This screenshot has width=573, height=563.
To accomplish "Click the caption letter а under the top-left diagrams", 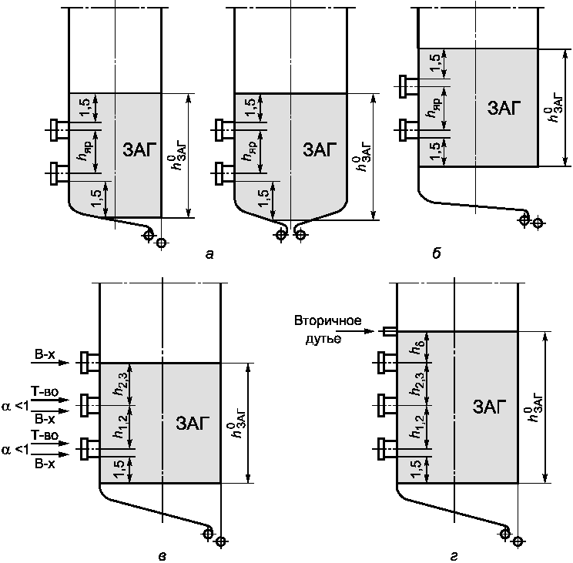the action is click(x=209, y=253).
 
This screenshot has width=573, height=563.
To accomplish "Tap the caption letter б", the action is click(x=437, y=253).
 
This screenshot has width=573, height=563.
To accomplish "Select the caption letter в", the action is click(x=163, y=556).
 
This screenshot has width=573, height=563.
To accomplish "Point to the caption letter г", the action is click(x=454, y=556).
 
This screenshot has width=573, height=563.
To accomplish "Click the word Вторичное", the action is click(x=328, y=320).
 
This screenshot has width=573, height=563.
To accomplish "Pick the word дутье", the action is click(x=323, y=339).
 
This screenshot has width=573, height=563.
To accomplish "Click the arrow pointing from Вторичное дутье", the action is click(x=357, y=331).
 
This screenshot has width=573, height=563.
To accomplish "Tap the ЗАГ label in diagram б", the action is click(x=504, y=108).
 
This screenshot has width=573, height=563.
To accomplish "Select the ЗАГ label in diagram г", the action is click(x=490, y=407).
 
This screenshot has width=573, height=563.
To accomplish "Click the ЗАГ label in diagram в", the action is click(x=193, y=423).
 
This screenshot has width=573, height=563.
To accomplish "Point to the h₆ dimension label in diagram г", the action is click(x=417, y=347).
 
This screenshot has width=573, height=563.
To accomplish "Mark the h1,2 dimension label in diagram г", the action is click(x=417, y=427).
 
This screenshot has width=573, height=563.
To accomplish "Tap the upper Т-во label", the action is click(x=45, y=392).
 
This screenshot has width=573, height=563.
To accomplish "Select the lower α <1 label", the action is click(x=15, y=450).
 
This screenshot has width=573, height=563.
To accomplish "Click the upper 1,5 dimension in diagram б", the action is click(x=435, y=62).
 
